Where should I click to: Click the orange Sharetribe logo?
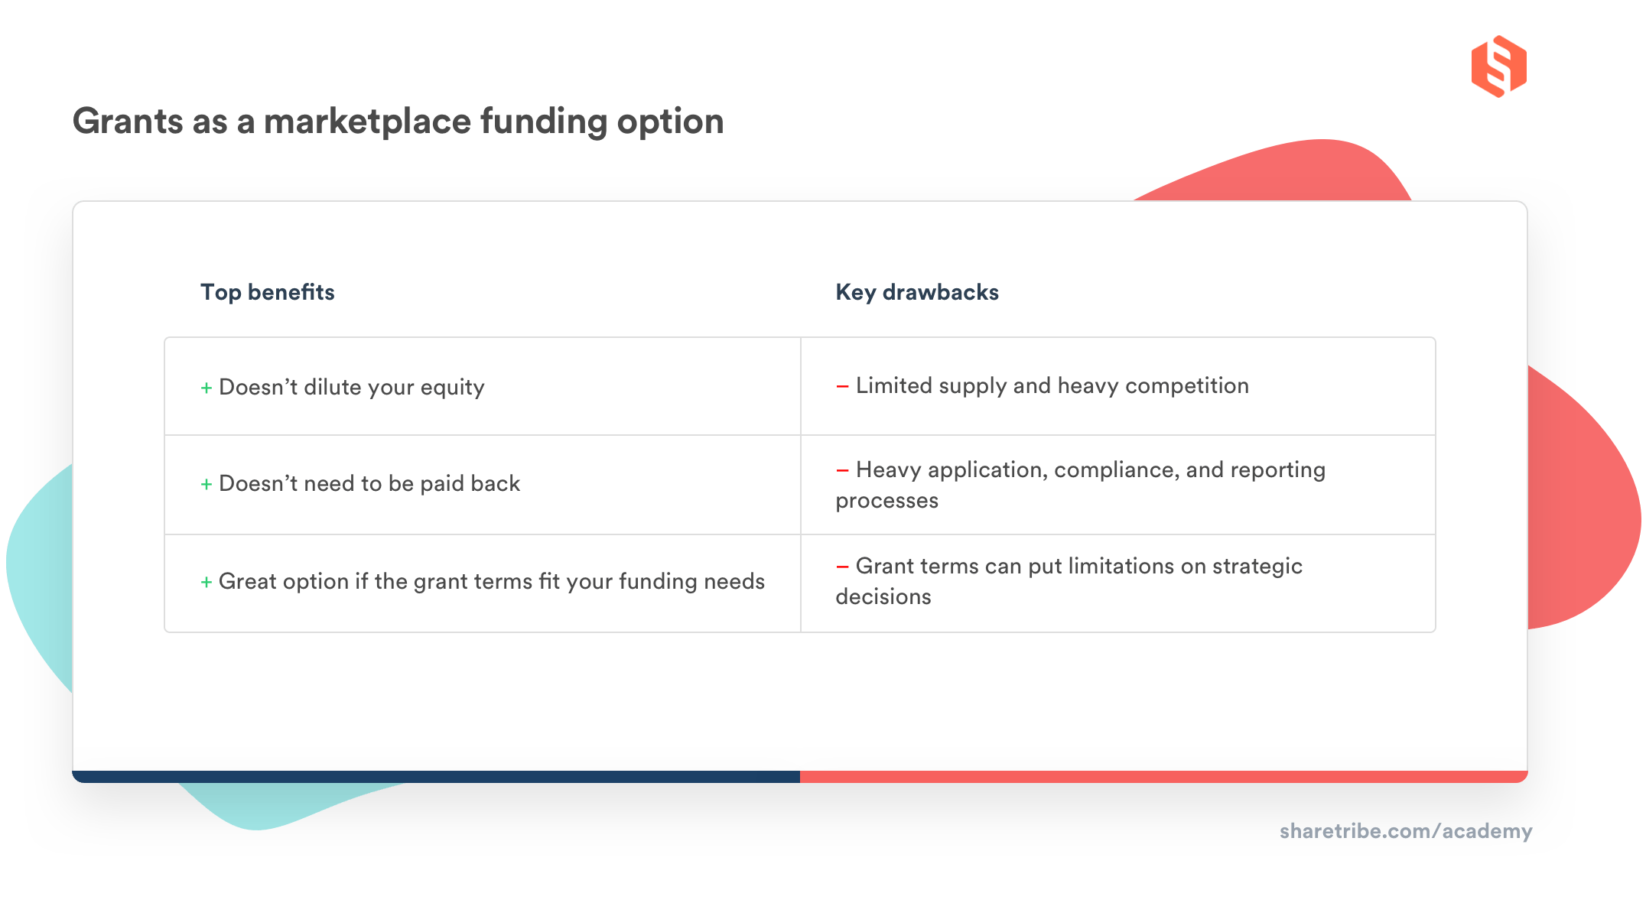pos(1498,67)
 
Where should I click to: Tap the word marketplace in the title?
pos(367,122)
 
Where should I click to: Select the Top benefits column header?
pos(267,292)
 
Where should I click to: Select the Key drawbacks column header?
pos(916,292)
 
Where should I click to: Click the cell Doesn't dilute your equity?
pos(351,387)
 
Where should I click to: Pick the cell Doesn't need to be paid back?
pos(369,483)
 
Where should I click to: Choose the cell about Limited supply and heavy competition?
pos(1052,385)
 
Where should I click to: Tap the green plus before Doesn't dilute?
pos(206,388)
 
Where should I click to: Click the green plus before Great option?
pos(206,583)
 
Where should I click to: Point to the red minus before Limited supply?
pos(842,386)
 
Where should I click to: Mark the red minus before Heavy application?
pos(842,470)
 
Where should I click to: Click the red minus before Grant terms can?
pos(842,567)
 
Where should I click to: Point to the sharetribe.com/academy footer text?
pos(1405,831)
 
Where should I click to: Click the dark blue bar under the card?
pos(436,777)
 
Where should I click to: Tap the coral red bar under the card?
pos(1163,777)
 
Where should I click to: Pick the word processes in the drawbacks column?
pos(886,501)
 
